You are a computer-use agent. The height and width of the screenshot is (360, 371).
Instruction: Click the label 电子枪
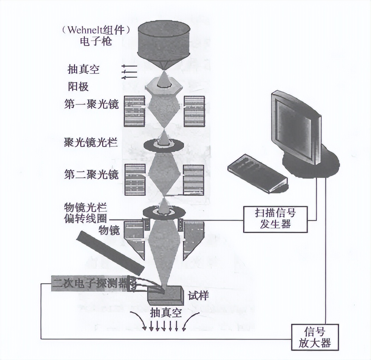[96, 42]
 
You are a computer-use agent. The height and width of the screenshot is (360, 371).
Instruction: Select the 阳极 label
[78, 86]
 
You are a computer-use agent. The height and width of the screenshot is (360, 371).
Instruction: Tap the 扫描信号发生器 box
[275, 219]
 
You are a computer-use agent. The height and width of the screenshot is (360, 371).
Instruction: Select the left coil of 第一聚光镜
[134, 111]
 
